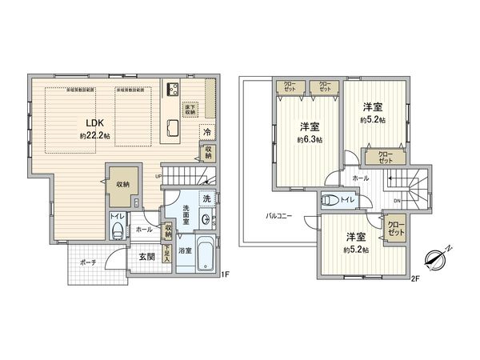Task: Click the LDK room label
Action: pyautogui.click(x=86, y=122)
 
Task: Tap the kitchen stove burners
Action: pyautogui.click(x=172, y=89)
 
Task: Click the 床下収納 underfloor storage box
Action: pyautogui.click(x=190, y=110)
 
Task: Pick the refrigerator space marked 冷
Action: pyautogui.click(x=206, y=132)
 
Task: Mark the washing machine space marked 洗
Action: pyautogui.click(x=206, y=198)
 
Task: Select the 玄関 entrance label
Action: pyautogui.click(x=146, y=255)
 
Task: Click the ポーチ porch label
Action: pyautogui.click(x=88, y=262)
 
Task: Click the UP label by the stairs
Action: pyautogui.click(x=158, y=177)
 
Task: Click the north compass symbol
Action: pyautogui.click(x=438, y=260)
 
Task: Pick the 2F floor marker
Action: pyautogui.click(x=415, y=278)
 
